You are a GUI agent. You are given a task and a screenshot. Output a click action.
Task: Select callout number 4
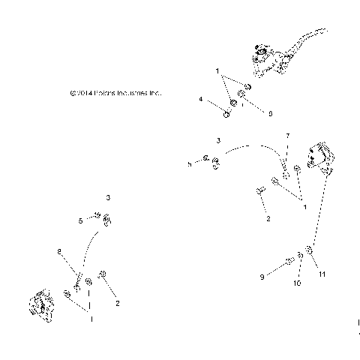click(201, 99)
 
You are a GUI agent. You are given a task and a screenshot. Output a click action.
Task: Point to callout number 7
click(286, 136)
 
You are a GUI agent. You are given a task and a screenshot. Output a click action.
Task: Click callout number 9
click(262, 277)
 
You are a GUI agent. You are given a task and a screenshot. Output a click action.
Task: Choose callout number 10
click(296, 283)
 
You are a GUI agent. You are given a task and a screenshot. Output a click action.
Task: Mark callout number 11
click(323, 275)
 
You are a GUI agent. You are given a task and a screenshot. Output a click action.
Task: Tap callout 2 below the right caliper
click(268, 219)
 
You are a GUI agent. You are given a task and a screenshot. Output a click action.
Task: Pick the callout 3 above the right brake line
click(217, 140)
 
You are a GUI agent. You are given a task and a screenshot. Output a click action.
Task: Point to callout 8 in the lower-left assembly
click(58, 251)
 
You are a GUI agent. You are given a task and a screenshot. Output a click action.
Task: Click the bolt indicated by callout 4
click(226, 114)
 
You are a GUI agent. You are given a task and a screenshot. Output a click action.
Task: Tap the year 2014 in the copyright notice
click(82, 94)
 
